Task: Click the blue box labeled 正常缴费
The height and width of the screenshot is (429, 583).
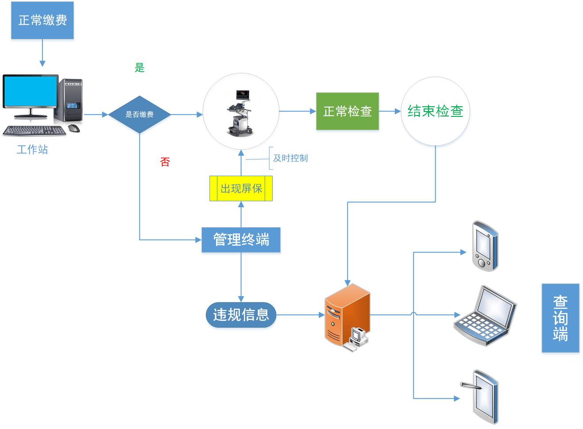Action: tap(42, 20)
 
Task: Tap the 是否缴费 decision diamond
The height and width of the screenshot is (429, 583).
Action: tap(139, 114)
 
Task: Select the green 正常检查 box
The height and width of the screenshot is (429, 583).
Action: tap(347, 111)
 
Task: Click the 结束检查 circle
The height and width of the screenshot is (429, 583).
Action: tap(435, 111)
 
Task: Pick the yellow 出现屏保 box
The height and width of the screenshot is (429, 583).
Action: tap(241, 189)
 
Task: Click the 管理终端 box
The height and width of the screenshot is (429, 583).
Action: tap(241, 240)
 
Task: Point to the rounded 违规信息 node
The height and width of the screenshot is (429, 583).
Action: tap(241, 315)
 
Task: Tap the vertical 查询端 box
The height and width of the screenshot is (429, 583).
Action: tap(560, 318)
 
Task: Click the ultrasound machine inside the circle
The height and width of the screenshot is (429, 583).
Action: tap(240, 113)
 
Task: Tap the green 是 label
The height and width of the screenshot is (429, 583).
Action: tap(140, 68)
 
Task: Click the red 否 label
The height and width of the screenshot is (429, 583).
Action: tap(165, 162)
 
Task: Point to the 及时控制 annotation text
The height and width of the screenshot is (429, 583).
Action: tap(290, 158)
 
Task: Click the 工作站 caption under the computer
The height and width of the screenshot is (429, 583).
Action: tap(32, 150)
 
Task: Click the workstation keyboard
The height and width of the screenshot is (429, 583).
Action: tap(35, 131)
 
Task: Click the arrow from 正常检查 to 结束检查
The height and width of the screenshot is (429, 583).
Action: tap(390, 111)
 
